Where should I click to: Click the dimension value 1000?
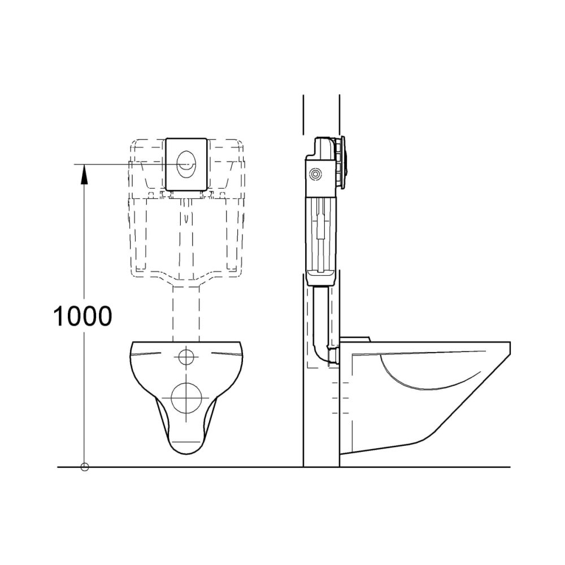tap(82, 316)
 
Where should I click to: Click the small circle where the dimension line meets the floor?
tap(85, 467)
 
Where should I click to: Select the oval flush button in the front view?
tap(187, 163)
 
